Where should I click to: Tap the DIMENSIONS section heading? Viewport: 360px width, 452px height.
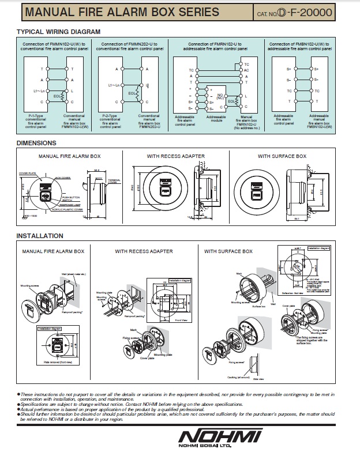coord(36,142)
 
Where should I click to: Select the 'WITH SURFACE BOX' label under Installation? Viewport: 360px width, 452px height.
coord(228,251)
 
